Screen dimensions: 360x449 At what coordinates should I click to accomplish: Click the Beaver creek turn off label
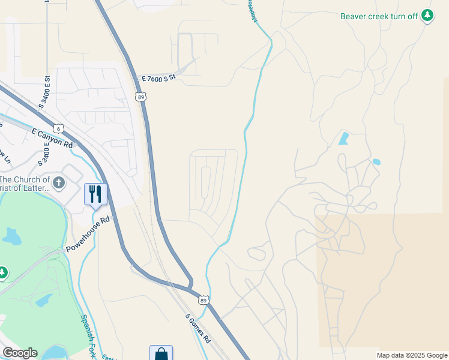(x=379, y=16)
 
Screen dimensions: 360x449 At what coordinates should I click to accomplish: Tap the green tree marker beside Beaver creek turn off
(x=427, y=16)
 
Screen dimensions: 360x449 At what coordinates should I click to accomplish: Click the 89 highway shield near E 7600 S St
(x=140, y=97)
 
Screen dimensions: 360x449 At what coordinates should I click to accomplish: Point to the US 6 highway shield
(x=58, y=128)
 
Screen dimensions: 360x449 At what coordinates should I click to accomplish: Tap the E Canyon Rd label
(x=52, y=139)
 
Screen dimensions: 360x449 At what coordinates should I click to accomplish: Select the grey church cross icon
(x=59, y=182)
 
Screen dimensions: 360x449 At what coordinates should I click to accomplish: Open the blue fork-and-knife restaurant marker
(x=95, y=194)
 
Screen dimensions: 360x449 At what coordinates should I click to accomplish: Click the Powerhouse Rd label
(x=88, y=233)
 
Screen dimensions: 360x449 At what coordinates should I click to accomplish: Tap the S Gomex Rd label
(x=197, y=328)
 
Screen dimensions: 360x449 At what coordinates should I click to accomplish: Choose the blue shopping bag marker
(x=161, y=353)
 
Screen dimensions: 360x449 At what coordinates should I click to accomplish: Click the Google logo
(x=20, y=353)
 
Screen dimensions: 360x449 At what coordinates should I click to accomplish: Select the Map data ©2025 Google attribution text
(x=412, y=355)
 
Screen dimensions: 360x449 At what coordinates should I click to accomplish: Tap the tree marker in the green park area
(x=2, y=273)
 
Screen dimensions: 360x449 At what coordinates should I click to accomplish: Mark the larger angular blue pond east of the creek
(x=343, y=139)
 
